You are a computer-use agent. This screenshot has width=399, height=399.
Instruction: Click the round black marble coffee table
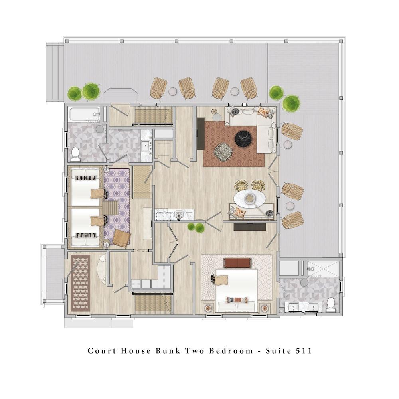243,139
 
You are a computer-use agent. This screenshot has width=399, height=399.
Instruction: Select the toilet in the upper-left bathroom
75,154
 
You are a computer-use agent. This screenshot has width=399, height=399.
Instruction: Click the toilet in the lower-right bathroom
331,304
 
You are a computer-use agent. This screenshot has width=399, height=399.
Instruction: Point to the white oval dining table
249,198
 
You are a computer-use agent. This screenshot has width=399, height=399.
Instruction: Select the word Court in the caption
102,351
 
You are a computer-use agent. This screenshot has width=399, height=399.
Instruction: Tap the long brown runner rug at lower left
81,283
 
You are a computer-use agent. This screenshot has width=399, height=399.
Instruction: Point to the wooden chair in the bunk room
122,238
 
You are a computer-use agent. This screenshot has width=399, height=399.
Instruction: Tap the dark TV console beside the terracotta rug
201,133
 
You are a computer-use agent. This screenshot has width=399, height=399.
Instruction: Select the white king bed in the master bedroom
237,290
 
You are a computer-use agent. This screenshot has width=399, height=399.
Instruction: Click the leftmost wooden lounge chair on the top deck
158,88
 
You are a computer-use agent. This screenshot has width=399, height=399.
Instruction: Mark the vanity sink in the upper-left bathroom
146,147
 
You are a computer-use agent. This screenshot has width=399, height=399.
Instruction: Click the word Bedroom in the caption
231,351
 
